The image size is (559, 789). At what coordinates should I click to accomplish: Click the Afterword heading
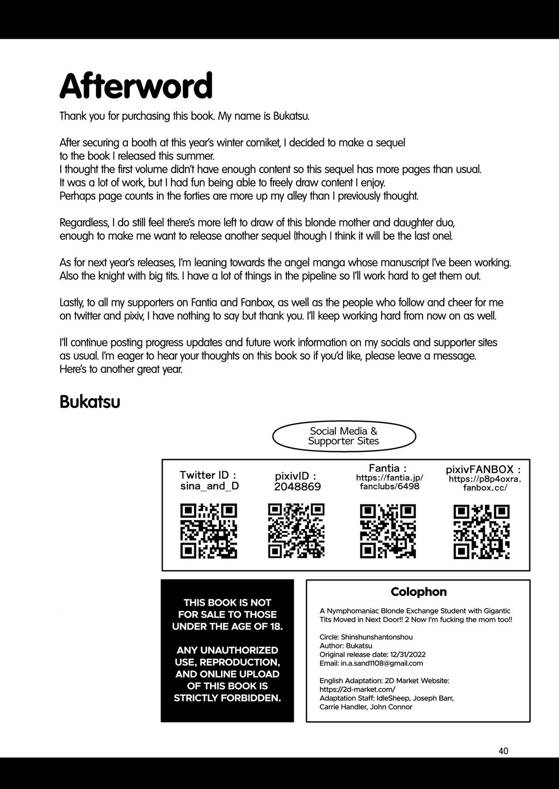tap(136, 86)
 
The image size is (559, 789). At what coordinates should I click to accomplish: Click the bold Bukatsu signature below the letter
tap(90, 402)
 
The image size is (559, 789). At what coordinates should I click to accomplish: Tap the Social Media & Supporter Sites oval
tap(344, 436)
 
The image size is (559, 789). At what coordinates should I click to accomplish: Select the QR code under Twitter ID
tap(209, 531)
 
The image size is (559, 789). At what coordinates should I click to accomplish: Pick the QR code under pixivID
tap(296, 531)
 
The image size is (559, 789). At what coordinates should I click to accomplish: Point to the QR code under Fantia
tap(388, 531)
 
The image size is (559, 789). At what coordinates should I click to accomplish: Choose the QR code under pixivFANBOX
tap(482, 532)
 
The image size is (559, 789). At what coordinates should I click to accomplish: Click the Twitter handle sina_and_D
tap(210, 486)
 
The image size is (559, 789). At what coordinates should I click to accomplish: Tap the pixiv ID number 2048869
tap(297, 487)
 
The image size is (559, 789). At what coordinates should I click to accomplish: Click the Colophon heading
tap(418, 592)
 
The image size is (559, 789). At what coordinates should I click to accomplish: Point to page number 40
tap(503, 751)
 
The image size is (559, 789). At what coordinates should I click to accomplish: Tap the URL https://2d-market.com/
tap(357, 690)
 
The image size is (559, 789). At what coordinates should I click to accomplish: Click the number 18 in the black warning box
tap(275, 626)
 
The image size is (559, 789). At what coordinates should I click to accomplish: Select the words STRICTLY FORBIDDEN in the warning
tap(227, 698)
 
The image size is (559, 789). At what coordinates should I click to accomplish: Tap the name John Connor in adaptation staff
tap(391, 707)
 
